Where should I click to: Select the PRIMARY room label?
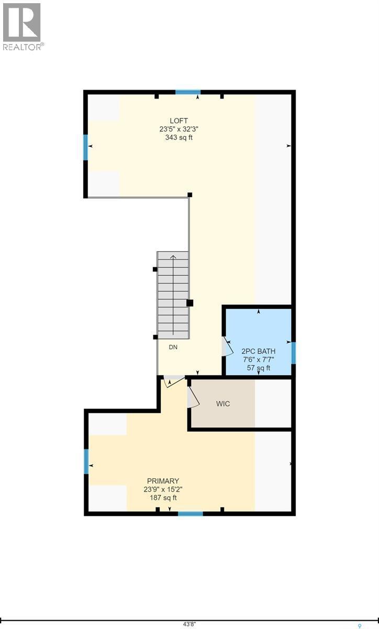click(163, 481)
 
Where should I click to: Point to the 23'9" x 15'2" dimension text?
click(163, 489)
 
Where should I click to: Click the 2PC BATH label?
click(258, 351)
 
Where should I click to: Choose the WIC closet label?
click(223, 404)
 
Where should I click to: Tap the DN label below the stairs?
click(173, 347)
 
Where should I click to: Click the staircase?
click(173, 295)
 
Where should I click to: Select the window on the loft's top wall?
click(188, 92)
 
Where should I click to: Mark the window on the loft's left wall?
click(85, 147)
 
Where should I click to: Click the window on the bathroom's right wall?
click(294, 352)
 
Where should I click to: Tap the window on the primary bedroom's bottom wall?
click(190, 513)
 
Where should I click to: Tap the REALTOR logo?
click(22, 26)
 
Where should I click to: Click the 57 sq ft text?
click(258, 368)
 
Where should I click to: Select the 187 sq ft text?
click(163, 497)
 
